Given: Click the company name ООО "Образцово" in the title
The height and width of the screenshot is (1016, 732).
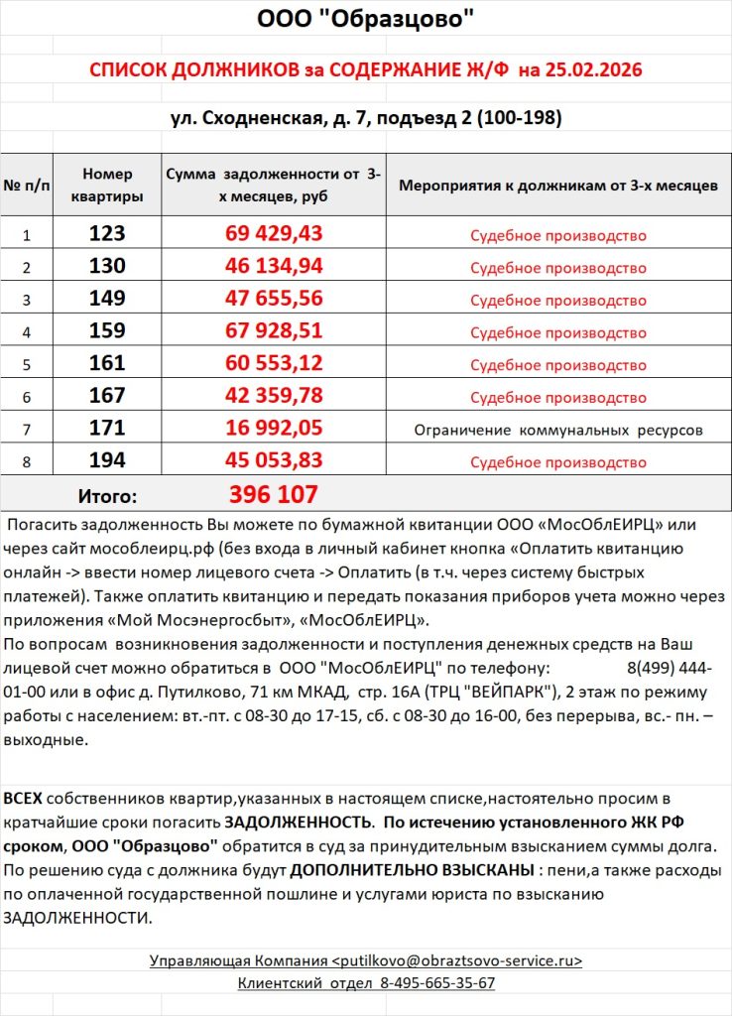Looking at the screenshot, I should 365,19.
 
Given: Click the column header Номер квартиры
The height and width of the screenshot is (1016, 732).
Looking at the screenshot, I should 107,185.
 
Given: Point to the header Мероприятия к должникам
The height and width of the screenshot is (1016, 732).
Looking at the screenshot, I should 557,186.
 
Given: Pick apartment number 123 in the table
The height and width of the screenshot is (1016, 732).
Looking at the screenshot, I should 107,234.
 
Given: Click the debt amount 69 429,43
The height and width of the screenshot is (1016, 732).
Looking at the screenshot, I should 275,234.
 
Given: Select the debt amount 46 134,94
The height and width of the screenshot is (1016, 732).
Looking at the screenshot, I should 275,267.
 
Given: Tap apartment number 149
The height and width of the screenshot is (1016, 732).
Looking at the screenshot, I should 107,300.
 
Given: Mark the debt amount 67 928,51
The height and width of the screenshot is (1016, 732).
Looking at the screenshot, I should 275,331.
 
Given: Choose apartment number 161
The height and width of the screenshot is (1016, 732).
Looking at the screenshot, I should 107,364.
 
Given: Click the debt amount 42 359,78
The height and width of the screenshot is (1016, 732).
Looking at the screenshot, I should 275,397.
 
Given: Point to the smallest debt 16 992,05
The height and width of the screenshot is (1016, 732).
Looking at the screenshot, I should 275,429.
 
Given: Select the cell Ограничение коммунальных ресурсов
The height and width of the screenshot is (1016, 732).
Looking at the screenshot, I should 557,431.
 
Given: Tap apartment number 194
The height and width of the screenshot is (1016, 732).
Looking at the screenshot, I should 107,461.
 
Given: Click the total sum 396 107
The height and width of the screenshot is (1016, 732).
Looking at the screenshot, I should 274,494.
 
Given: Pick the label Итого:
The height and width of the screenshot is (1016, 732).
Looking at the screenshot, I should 107,495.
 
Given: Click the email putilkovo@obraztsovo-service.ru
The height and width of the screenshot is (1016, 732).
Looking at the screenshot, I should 457,960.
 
